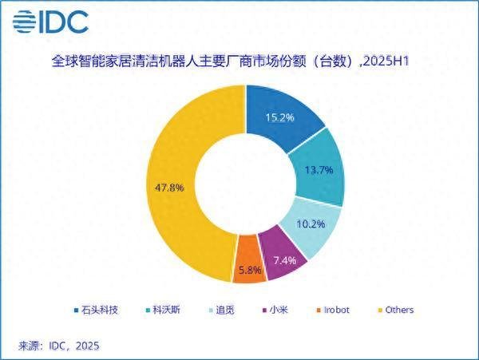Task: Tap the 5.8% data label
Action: pyautogui.click(x=248, y=270)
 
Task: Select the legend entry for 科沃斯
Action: pyautogui.click(x=162, y=310)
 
